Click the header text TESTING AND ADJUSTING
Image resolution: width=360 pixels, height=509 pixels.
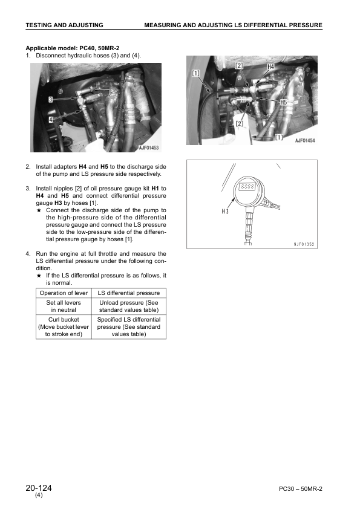(64, 25)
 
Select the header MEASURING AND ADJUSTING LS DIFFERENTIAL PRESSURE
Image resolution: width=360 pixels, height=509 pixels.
(233, 25)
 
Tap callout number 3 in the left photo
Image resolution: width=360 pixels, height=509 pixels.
(51, 99)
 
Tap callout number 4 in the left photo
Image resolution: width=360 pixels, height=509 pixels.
(51, 120)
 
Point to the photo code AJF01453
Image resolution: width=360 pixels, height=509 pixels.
(152, 148)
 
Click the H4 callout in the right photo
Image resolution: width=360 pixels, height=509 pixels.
(270, 66)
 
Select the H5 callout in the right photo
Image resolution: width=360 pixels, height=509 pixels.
(283, 103)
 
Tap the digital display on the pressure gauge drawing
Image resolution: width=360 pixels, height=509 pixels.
(248, 187)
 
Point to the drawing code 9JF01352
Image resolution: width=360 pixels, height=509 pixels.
(301, 244)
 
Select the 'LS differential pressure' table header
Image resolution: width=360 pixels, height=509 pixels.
(129, 293)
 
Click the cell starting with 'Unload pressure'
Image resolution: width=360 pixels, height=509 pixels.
(129, 306)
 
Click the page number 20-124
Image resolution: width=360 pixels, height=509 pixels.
(39, 488)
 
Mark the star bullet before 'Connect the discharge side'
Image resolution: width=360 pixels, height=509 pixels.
(39, 210)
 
